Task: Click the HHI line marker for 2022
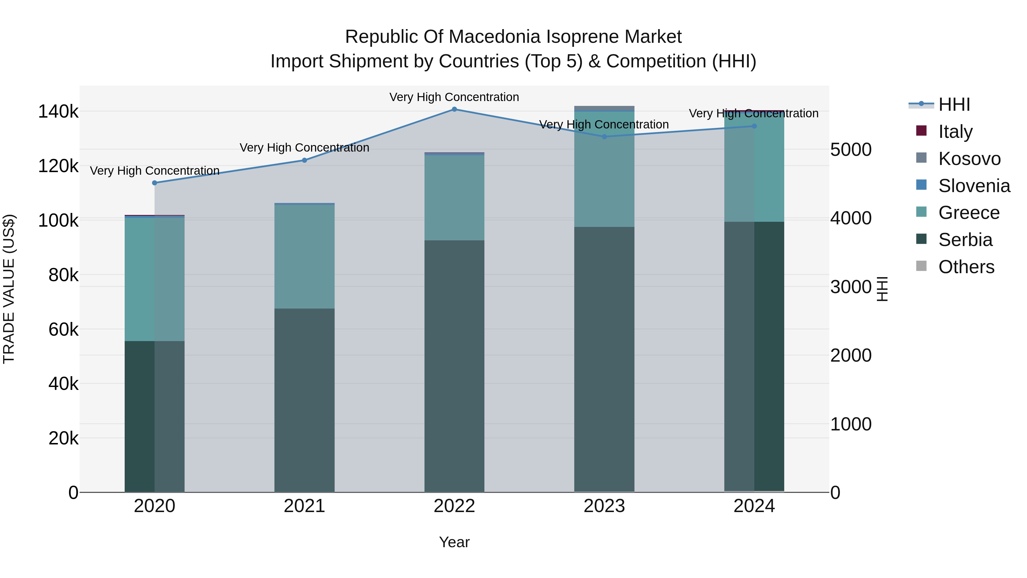(x=454, y=109)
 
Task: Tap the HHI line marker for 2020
(x=155, y=183)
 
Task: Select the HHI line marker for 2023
(x=604, y=137)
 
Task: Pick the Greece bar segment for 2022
(x=454, y=198)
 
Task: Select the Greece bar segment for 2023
(x=604, y=170)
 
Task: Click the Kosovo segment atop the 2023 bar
(x=604, y=108)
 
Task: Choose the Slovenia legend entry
(x=974, y=186)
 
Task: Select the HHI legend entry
(x=954, y=104)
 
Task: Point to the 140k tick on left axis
(x=58, y=112)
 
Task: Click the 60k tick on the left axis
(x=63, y=329)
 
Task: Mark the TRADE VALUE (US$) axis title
(x=9, y=289)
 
